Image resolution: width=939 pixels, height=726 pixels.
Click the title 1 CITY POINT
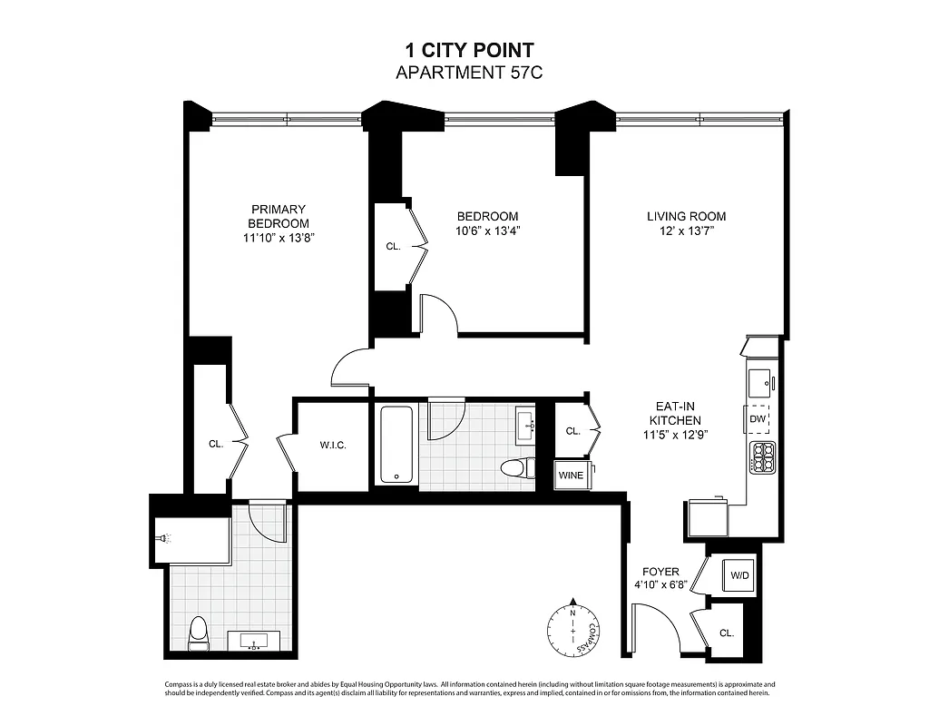[x=468, y=52]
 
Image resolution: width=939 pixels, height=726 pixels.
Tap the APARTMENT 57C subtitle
[x=468, y=73]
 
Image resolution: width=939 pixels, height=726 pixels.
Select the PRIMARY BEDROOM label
[x=279, y=216]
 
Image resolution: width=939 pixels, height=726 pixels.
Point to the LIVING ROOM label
[x=686, y=216]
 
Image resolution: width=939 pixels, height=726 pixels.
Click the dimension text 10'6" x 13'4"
[x=487, y=231]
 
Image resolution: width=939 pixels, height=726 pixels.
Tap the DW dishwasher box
[x=758, y=418]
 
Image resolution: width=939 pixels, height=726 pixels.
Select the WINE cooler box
[x=571, y=475]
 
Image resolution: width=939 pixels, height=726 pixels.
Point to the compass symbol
[x=572, y=627]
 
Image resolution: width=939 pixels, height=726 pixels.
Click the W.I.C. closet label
[x=332, y=445]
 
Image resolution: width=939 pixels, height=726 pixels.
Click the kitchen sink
[x=758, y=380]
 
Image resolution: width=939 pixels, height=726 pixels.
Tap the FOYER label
[x=660, y=572]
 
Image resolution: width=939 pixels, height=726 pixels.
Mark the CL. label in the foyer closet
[x=727, y=633]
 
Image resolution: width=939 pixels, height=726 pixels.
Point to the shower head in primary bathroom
[x=164, y=538]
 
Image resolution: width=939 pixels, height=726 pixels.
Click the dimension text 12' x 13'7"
[x=686, y=231]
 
